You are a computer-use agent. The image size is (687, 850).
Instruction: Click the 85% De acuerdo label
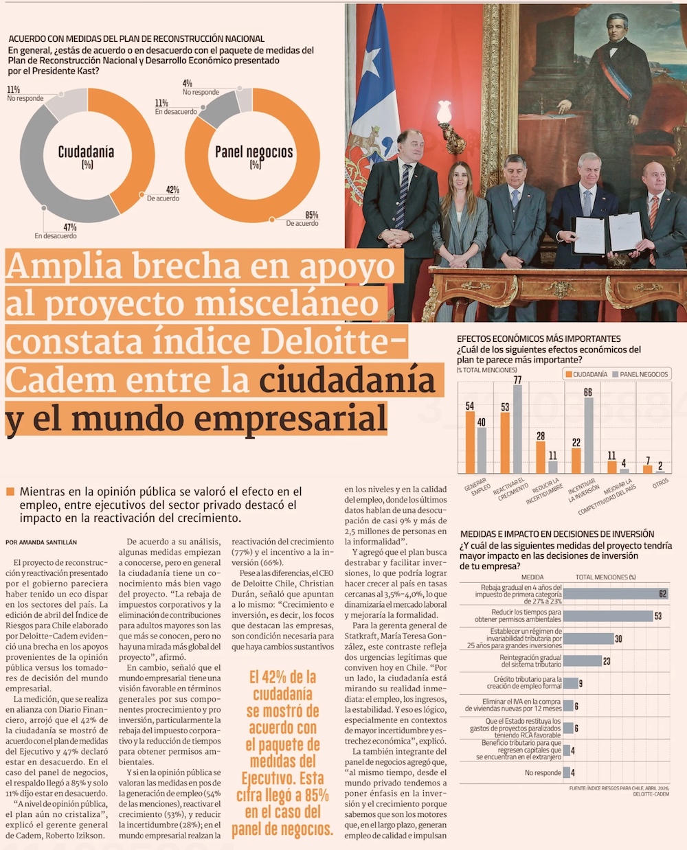pos(302,220)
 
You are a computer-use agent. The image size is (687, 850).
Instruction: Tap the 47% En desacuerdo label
pos(56,231)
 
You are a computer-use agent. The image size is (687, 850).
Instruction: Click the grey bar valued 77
pos(517,429)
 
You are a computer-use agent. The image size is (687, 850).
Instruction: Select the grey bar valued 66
pos(588,435)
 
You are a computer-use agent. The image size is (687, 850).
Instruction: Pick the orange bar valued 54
pos(470,442)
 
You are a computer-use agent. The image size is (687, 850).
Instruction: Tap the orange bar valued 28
pos(541,457)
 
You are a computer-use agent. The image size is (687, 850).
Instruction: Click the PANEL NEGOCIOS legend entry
pos(640,374)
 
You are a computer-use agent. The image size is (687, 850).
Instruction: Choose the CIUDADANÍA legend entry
pos(587,374)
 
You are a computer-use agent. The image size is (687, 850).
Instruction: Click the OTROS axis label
pos(660,483)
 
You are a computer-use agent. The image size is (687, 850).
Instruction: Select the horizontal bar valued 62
pos(616,594)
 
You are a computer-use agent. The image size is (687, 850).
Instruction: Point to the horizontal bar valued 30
pos(588,639)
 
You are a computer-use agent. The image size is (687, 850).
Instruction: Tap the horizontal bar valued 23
pos(583,661)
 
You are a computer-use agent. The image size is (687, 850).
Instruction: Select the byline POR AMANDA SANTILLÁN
pos(41,542)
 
